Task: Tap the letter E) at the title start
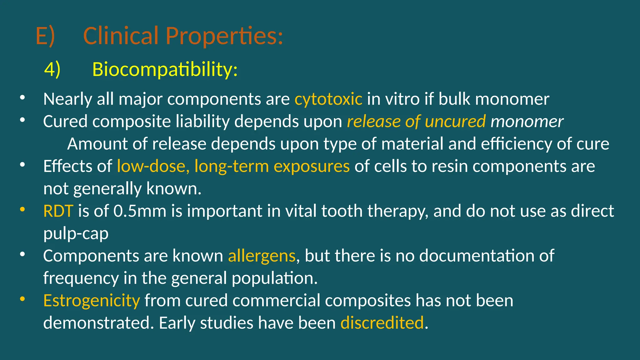point(45,36)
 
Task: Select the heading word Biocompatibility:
point(165,69)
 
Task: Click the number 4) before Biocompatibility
point(52,69)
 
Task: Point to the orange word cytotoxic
point(328,99)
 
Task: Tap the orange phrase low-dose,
point(153,166)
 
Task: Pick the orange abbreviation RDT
point(58,211)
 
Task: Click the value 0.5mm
point(140,211)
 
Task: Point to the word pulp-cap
point(76,233)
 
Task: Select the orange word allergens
point(262,256)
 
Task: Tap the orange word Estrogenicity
point(92,301)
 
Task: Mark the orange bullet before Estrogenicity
point(22,299)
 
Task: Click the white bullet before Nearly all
point(22,98)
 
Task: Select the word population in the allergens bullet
point(274,278)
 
